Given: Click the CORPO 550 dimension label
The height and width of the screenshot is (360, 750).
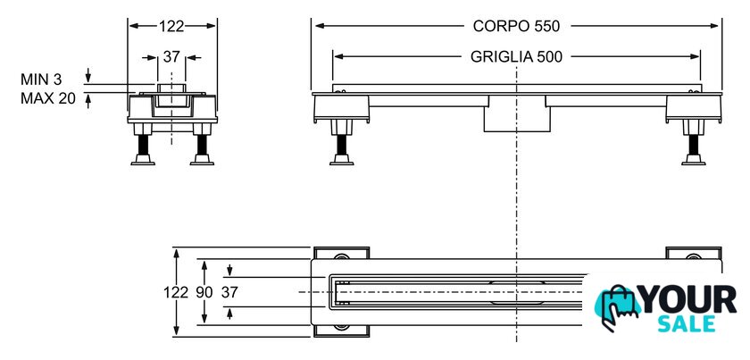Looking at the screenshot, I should pos(516,26).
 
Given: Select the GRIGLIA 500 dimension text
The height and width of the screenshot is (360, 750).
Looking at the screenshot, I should pos(517,56).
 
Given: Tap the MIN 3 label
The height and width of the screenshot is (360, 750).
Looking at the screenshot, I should pos(41,80).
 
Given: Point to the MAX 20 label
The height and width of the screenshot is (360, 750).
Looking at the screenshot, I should pos(47,98).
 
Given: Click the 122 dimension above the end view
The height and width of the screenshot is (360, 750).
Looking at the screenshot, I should pos(171,26).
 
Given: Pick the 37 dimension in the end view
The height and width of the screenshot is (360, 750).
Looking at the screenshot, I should pos(171,56).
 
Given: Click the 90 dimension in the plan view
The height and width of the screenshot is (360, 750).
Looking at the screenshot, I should pos(204,292).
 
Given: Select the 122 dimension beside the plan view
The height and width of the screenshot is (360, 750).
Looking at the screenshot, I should pos(176,292).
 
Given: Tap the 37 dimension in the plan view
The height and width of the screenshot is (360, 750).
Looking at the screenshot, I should pos(229,292).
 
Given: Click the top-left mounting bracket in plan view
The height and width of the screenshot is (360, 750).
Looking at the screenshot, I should pos(340,254).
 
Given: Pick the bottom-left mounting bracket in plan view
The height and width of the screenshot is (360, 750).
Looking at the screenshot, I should pos(340,330).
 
